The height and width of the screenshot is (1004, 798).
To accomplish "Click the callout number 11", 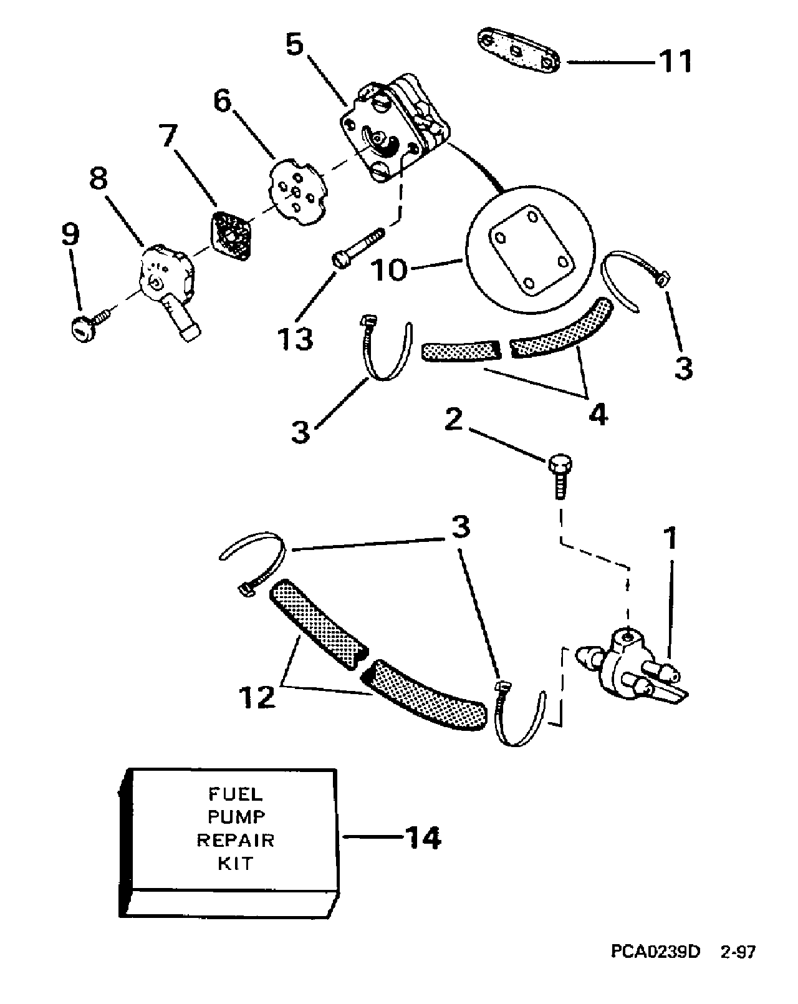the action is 675,61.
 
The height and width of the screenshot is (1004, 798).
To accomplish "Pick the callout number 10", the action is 389,269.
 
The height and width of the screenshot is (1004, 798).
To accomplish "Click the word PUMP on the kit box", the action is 236,816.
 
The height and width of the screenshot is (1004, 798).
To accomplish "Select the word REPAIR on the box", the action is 236,840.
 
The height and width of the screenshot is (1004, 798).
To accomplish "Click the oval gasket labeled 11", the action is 518,52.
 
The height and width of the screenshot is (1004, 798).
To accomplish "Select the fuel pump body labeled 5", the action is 395,127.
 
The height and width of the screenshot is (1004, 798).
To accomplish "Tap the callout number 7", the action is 168,135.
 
